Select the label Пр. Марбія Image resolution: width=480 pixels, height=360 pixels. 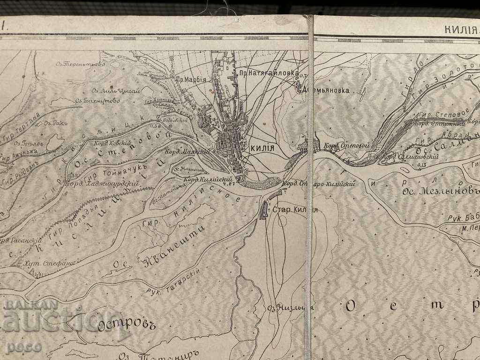pyautogui.click(x=191, y=79)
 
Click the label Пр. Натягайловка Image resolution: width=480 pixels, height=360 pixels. pyautogui.click(x=267, y=74)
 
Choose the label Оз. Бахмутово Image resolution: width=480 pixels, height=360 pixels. pyautogui.click(x=98, y=100)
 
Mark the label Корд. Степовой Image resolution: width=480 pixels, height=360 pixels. pyautogui.click(x=345, y=145)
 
